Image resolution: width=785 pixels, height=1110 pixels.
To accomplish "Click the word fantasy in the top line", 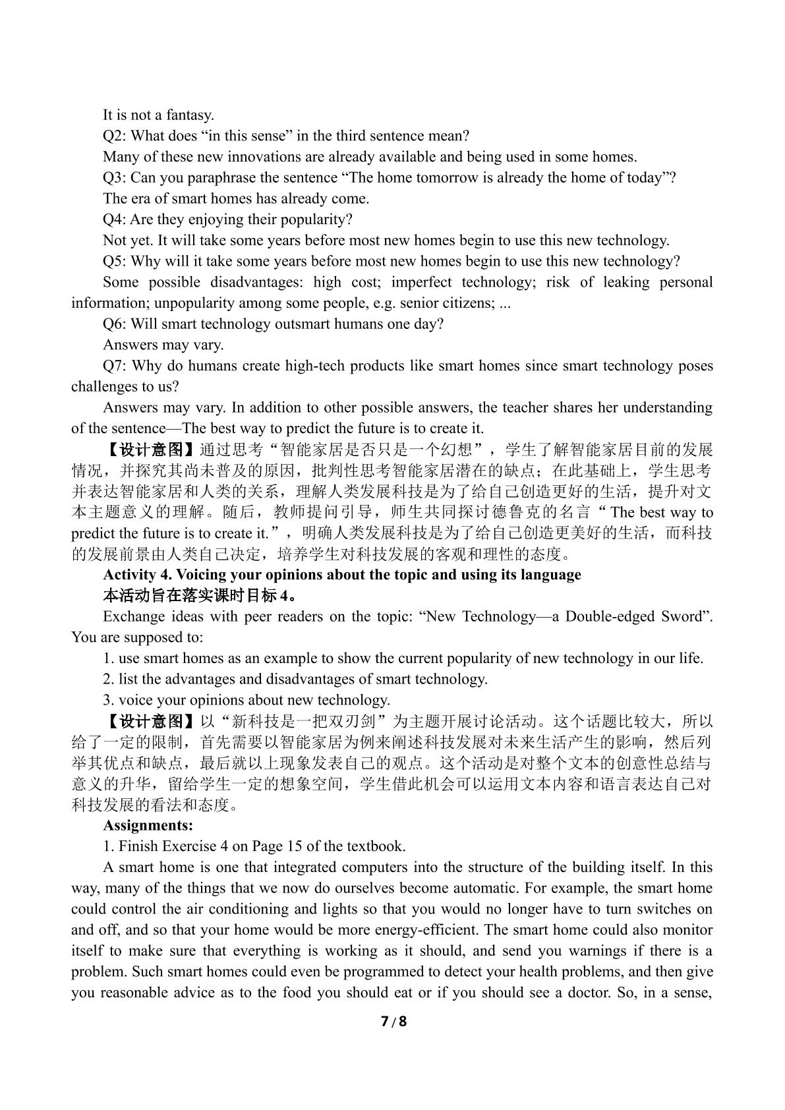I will point(190,115).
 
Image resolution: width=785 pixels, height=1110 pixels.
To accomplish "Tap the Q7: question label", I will point(116,366).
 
